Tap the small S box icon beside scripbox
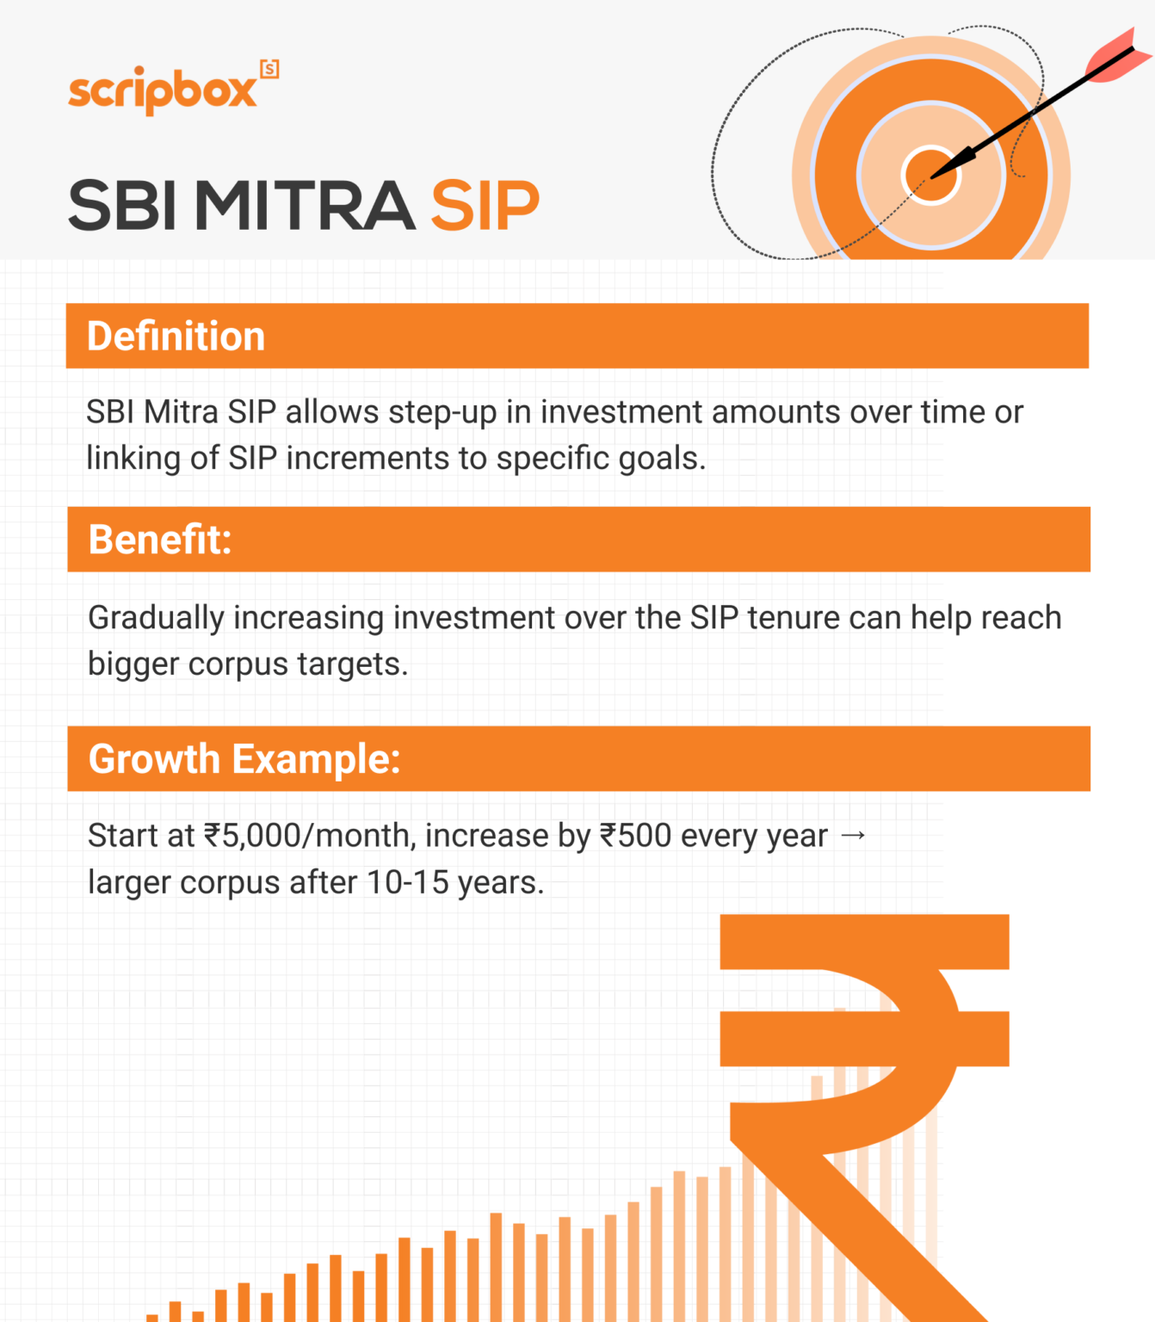point(269,69)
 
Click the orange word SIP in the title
point(485,207)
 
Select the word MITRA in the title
point(305,207)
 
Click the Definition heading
point(176,337)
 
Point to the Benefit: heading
point(160,540)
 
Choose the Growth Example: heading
point(244,759)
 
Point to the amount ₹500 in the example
point(635,836)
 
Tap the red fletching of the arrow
point(1117,55)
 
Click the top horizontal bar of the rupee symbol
point(864,942)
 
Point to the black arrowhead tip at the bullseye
point(936,173)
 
